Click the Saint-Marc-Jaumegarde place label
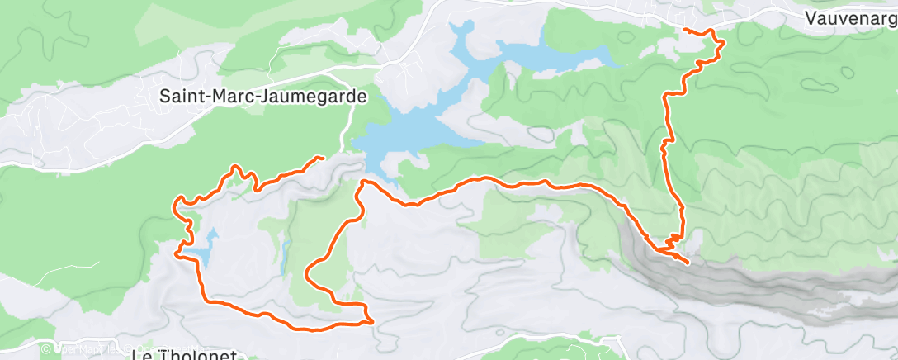[263, 96]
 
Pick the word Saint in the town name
[180, 96]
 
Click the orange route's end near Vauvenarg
[684, 30]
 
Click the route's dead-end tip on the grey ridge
[688, 263]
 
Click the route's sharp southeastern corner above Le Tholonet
[372, 320]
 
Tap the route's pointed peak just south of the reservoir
[363, 182]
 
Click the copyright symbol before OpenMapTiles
[45, 350]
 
